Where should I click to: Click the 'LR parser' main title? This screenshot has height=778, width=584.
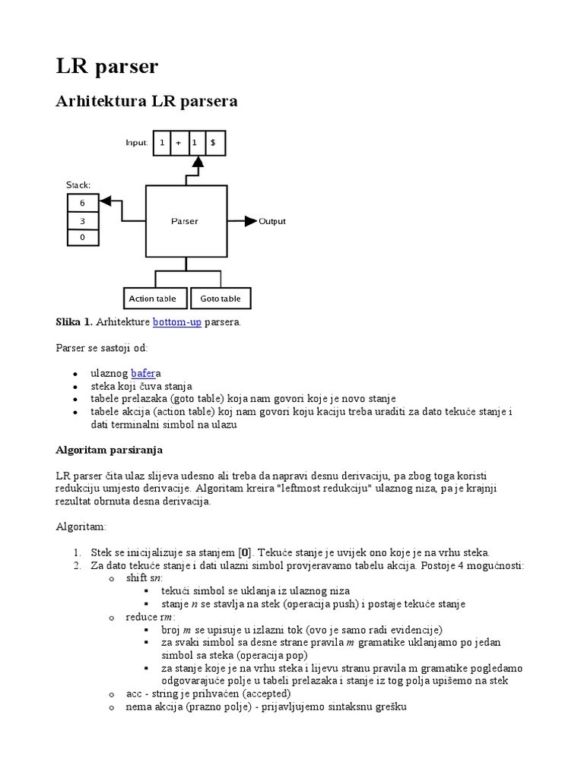(107, 66)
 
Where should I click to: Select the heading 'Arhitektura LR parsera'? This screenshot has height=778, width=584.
(147, 101)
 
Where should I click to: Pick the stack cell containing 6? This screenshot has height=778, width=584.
(82, 203)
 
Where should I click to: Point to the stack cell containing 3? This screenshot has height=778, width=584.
(82, 220)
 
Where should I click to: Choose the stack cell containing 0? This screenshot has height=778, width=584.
(82, 238)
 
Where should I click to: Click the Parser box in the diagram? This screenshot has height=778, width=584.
(185, 221)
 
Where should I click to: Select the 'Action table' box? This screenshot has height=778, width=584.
(153, 299)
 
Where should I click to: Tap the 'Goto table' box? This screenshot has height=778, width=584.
(220, 299)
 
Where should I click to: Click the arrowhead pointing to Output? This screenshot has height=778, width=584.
(250, 221)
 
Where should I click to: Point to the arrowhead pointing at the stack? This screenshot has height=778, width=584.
(106, 201)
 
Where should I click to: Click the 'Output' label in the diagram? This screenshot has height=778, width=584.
(272, 221)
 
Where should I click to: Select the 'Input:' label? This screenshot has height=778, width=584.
(137, 143)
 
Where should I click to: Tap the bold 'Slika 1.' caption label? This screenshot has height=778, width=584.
(75, 322)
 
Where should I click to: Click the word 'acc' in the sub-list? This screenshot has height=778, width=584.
(134, 693)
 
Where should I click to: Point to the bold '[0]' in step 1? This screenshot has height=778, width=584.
(245, 552)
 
